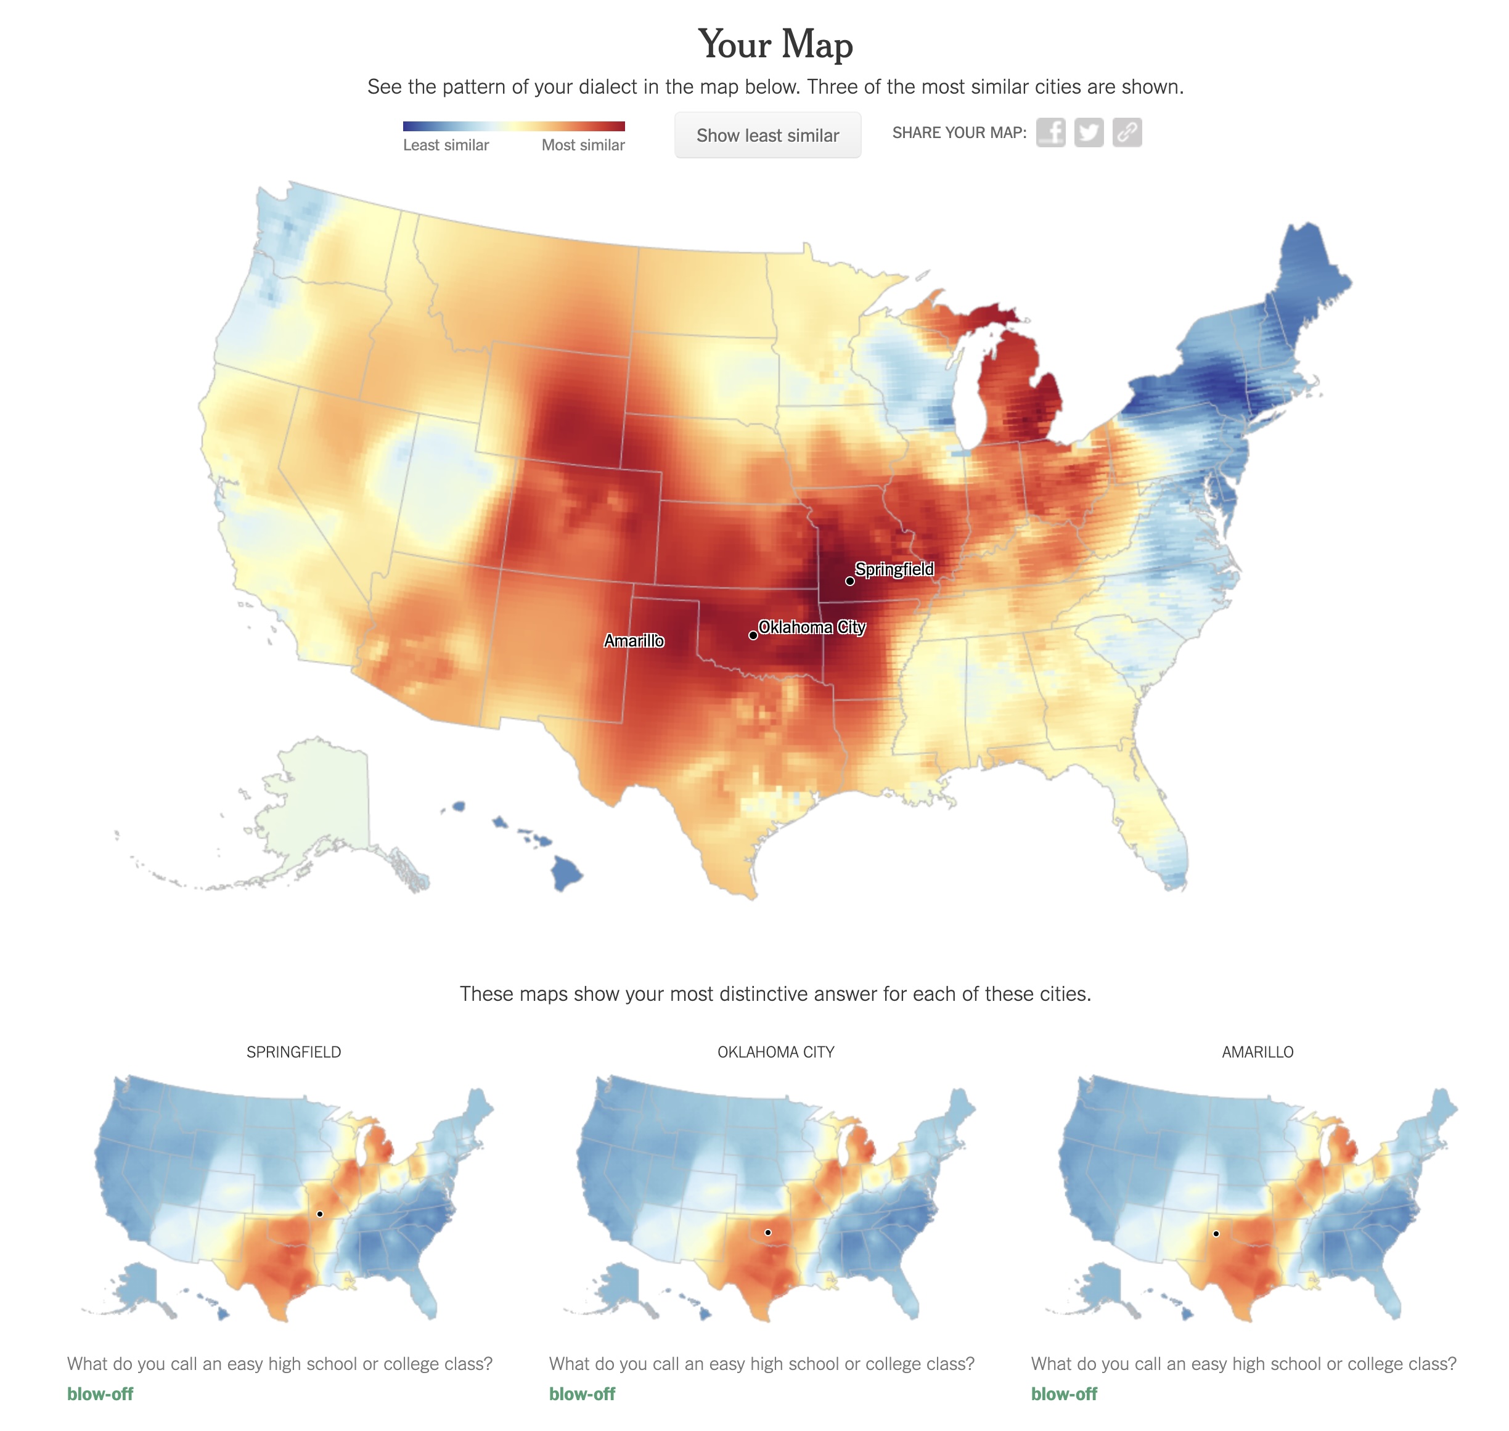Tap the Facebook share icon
tap(1050, 132)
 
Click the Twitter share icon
tap(1089, 132)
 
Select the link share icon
tap(1127, 132)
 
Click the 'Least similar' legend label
tap(446, 145)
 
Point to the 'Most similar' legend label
tap(583, 145)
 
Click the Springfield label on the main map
tap(894, 569)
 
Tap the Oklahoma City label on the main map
tap(812, 627)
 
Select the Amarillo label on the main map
tap(634, 641)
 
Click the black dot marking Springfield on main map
tap(850, 581)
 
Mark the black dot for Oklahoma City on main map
tap(753, 635)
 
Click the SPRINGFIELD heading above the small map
tap(293, 1052)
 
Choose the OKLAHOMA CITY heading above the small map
tap(775, 1052)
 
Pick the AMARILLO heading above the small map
tap(1257, 1052)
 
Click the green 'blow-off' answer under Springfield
tap(100, 1393)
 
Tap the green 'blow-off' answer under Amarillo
tap(1063, 1393)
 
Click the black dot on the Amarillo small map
tap(1216, 1233)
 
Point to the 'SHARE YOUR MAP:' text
tap(959, 132)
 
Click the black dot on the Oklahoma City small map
tap(768, 1233)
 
